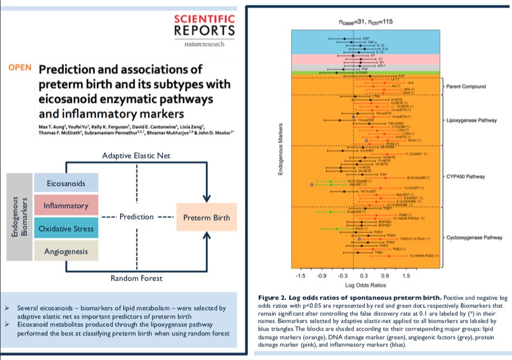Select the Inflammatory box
tap(66, 205)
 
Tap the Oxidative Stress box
tap(66, 228)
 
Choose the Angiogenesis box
tap(66, 252)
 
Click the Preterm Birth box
tap(206, 217)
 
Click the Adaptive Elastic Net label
tap(136, 156)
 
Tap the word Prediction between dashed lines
tap(136, 217)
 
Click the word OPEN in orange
tap(19, 68)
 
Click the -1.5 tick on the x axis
tap(301, 275)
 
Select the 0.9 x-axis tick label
tap(385, 275)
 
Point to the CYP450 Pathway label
tap(465, 176)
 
